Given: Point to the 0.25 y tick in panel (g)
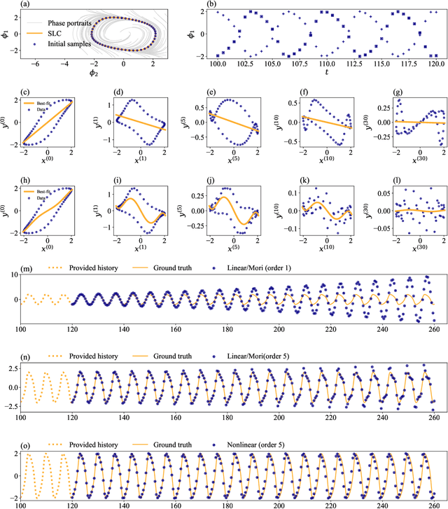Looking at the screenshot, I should (x=371, y=107).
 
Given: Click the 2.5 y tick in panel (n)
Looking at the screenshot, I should (x=12, y=368).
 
